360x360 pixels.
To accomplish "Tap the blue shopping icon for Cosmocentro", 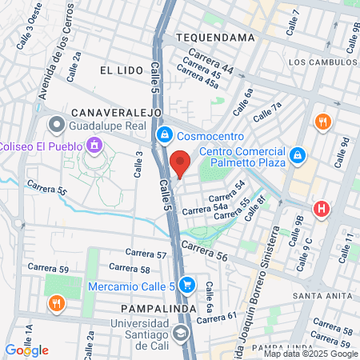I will (x=165, y=135).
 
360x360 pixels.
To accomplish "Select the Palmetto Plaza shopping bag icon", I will (x=297, y=154).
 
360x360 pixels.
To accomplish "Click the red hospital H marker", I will (x=322, y=209).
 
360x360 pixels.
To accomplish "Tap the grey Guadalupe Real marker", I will (x=56, y=125).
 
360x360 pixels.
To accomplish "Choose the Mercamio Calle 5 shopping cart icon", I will (x=187, y=284).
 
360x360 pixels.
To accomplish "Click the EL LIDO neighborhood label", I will (x=121, y=70).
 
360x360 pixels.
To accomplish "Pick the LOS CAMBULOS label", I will (x=319, y=62).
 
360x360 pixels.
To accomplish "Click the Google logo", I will (x=26, y=350).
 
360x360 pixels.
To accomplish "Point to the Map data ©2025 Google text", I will (x=311, y=354).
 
